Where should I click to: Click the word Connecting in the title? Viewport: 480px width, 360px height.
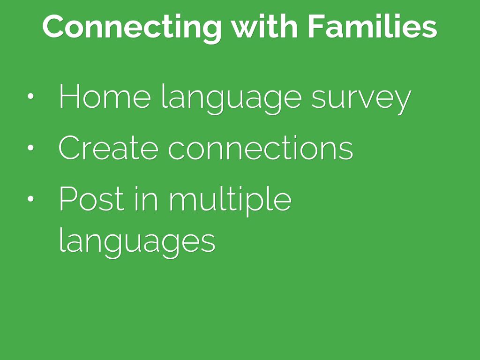(132, 28)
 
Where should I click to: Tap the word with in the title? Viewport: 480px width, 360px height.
(264, 26)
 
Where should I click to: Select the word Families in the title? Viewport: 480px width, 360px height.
(372, 26)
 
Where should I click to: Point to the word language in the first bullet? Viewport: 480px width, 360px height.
(232, 99)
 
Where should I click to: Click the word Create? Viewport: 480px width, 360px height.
(108, 148)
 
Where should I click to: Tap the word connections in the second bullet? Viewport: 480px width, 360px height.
(261, 148)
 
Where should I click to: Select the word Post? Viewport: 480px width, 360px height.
(91, 199)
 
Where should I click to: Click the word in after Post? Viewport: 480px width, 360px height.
(146, 199)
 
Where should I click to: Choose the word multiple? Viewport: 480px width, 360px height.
(230, 201)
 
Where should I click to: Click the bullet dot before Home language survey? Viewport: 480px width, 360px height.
(30, 96)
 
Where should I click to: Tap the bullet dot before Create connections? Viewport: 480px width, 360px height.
(30, 148)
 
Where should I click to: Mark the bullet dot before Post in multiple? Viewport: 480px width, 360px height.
(30, 199)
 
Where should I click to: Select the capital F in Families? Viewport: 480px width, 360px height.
(317, 26)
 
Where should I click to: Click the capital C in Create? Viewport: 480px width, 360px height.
(69, 148)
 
